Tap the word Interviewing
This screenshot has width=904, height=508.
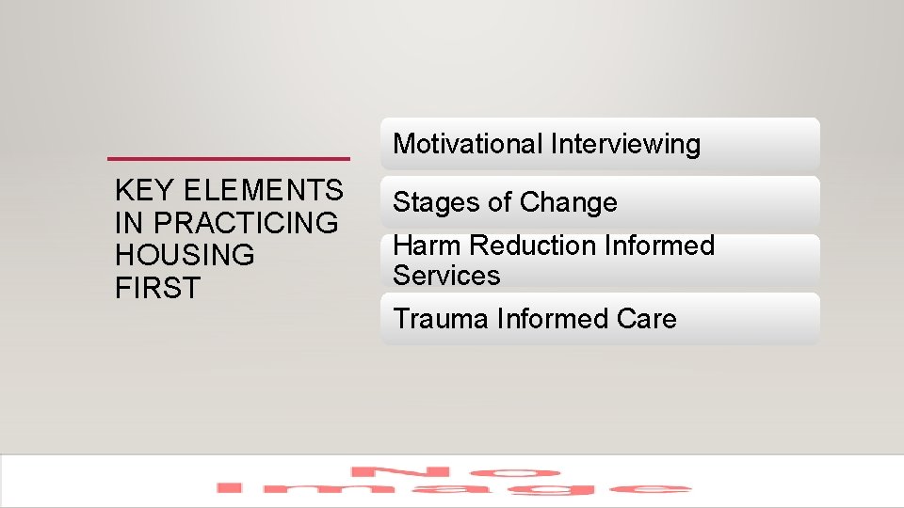[625, 145]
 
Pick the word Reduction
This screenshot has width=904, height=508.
[534, 246]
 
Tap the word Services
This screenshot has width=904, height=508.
[446, 276]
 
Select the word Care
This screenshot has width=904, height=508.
[647, 319]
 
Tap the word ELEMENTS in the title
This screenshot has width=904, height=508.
[263, 191]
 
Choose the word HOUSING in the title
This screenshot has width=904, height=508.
[185, 255]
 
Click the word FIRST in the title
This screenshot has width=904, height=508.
[158, 287]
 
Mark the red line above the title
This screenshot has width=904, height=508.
[228, 157]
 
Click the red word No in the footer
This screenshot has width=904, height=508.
[456, 471]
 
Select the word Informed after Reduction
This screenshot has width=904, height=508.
[661, 246]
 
